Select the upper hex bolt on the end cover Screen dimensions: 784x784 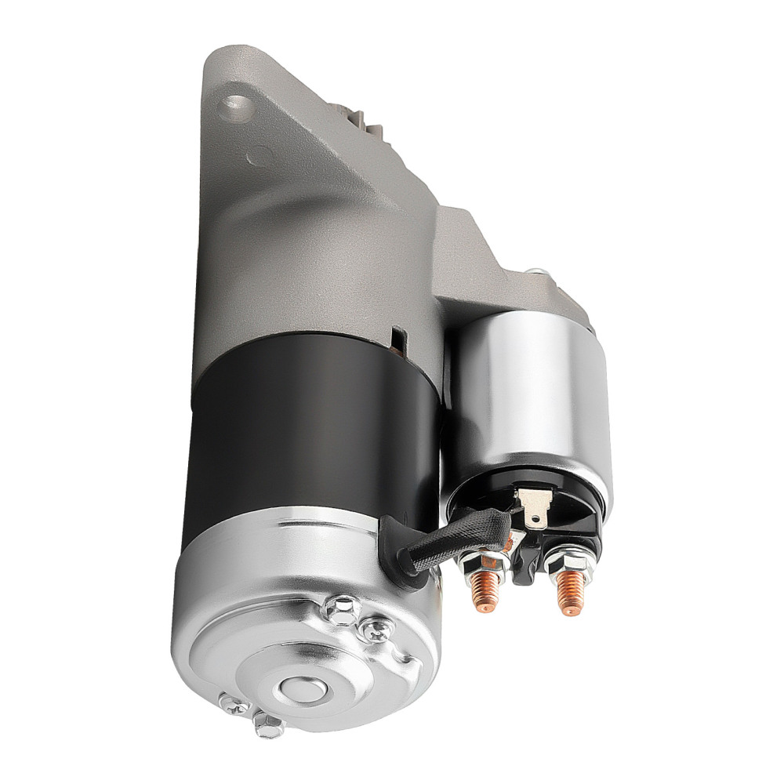coord(343,608)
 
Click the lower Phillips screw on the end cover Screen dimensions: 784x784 coord(232,703)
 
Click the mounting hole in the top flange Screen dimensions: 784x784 coord(235,104)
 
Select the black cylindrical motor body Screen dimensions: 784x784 coord(314,423)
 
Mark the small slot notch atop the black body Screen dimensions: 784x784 coord(399,339)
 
